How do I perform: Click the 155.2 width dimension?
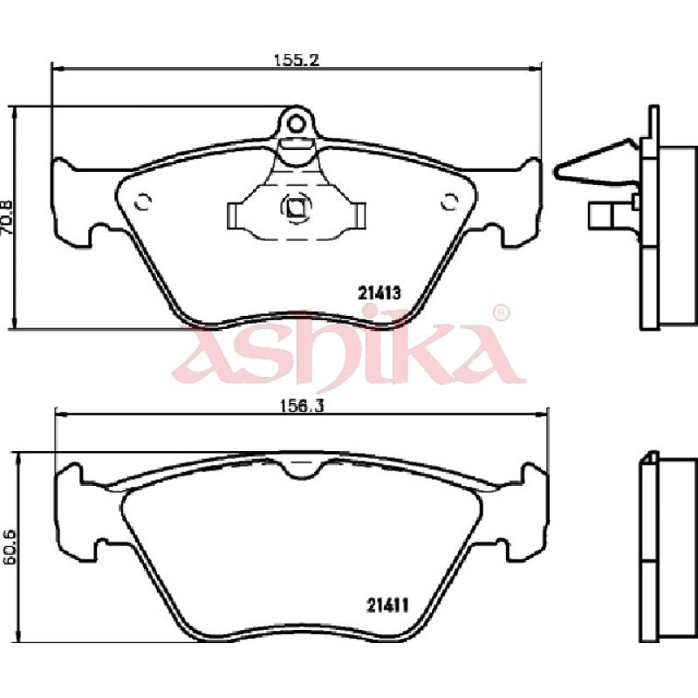pos(297,59)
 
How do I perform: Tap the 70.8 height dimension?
pos(9,218)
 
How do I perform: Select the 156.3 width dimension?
pos(301,406)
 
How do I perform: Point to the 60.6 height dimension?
pos(9,546)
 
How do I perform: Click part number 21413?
pos(380,293)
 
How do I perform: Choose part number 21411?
pos(387,605)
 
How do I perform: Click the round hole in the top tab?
pos(296,124)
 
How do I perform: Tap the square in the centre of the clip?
pos(296,207)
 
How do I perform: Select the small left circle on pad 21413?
pos(143,202)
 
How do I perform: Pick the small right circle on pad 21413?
pos(449,202)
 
